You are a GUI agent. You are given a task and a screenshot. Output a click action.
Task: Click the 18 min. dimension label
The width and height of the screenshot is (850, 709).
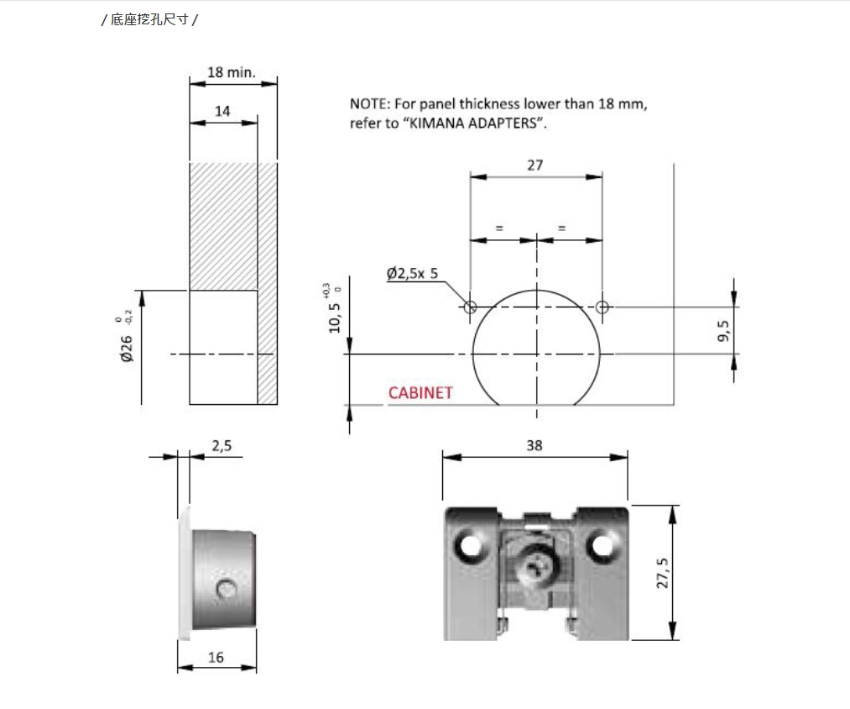click(232, 72)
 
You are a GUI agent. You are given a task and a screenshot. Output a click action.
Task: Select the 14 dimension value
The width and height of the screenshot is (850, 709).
click(222, 111)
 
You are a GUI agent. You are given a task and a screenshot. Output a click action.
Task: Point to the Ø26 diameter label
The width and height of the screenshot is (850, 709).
click(127, 348)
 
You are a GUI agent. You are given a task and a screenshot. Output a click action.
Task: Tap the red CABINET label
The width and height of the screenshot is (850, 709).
click(420, 392)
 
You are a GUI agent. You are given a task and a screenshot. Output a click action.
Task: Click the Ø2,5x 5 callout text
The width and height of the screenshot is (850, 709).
click(412, 273)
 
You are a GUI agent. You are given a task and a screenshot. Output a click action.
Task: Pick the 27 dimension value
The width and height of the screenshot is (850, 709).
click(535, 165)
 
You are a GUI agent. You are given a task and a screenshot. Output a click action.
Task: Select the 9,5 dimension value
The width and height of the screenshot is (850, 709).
click(723, 331)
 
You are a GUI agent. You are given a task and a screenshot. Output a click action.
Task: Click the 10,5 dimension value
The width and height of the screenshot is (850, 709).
click(335, 318)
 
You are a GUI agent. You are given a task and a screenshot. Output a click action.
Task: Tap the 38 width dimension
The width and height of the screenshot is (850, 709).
click(535, 446)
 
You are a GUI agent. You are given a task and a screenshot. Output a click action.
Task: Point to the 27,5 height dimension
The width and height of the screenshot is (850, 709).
click(662, 573)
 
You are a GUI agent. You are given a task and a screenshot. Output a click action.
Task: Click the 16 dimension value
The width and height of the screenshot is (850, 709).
click(216, 658)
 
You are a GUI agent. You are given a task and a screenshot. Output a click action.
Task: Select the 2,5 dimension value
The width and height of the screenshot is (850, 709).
click(222, 446)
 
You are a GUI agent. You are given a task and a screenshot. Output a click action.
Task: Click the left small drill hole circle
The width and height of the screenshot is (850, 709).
click(470, 307)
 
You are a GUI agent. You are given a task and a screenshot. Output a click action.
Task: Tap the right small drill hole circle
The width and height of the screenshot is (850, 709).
click(602, 307)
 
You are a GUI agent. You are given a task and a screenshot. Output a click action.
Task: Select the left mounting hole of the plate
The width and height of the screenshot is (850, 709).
click(469, 545)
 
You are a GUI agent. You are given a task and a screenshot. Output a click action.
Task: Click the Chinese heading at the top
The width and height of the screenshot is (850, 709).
click(149, 20)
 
